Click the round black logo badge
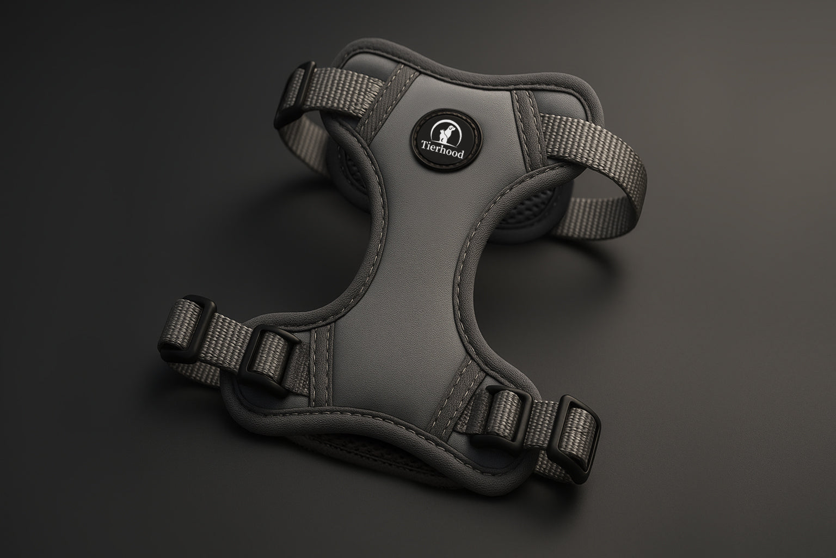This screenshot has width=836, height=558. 447,140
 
